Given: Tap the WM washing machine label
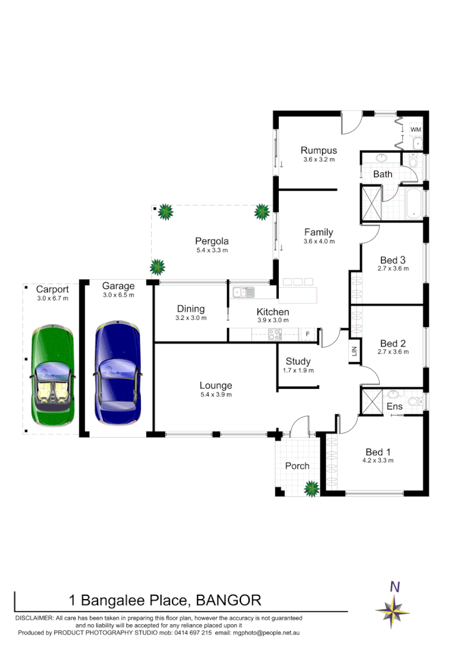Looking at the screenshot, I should (416, 130).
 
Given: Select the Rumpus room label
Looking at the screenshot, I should (318, 151).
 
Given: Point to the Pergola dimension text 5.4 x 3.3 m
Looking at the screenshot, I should (212, 250).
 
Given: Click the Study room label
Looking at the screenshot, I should (298, 361).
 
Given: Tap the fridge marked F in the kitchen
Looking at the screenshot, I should (308, 334).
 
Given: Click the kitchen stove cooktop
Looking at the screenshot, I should (274, 334).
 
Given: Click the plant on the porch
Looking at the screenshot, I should (312, 488).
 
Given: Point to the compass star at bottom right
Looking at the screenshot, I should (393, 610).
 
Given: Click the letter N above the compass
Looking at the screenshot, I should (395, 587).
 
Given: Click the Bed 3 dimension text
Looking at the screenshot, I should (393, 268).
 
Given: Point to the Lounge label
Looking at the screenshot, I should (216, 385).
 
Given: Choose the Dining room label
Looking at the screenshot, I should (191, 309).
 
